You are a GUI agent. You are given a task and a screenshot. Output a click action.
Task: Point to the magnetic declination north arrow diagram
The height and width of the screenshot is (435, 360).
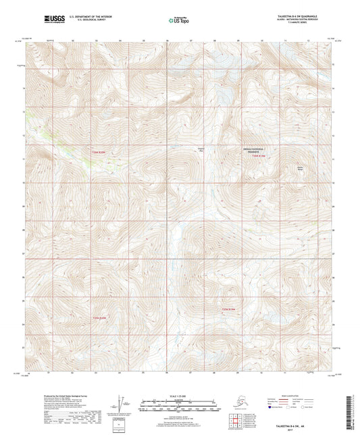click(120, 403)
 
